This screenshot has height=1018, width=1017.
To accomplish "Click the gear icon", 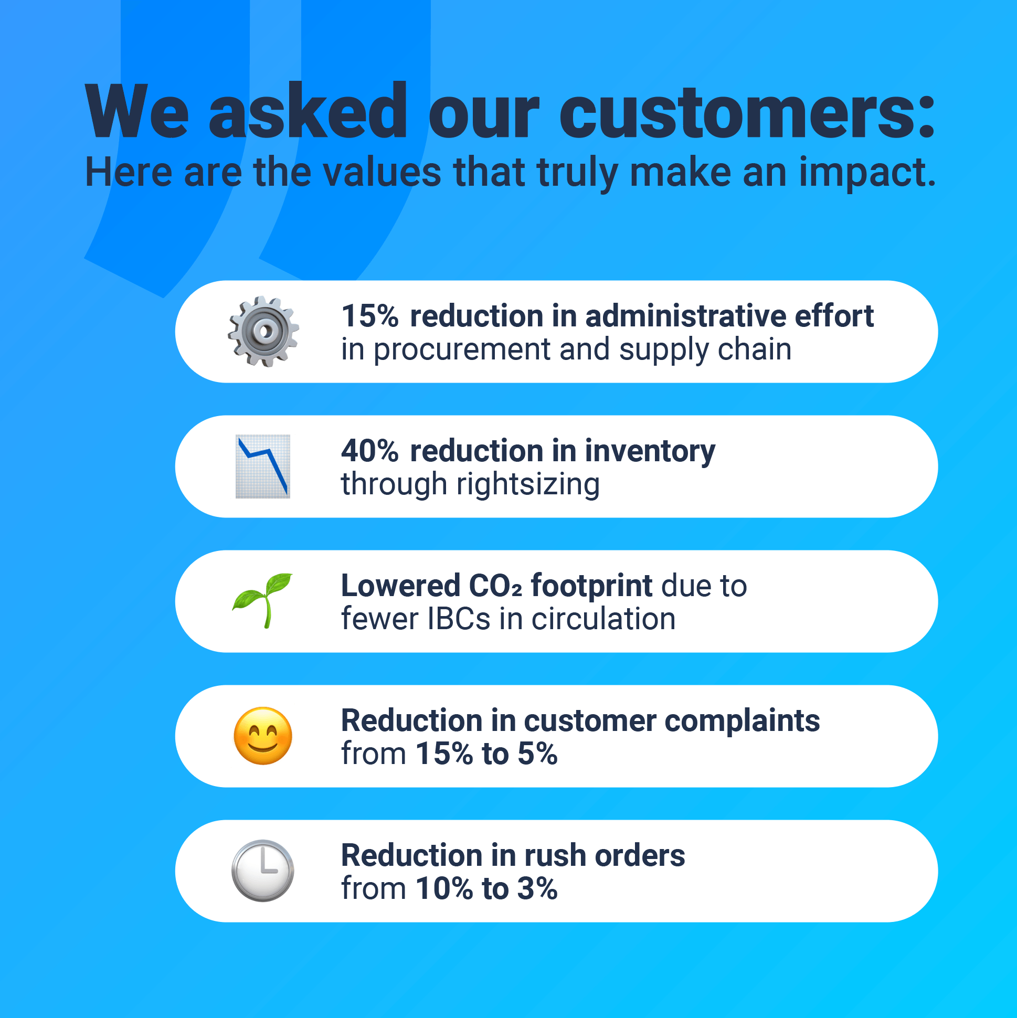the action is (x=263, y=332).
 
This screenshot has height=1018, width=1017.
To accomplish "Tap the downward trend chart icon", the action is (x=262, y=466).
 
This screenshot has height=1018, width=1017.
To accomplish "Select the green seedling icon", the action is (x=262, y=600).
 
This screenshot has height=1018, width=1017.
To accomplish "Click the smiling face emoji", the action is (x=263, y=736).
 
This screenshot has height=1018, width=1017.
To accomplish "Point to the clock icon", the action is (x=262, y=871).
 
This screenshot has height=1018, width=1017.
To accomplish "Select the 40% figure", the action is (x=370, y=451).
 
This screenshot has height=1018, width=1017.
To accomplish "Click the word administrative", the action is (x=685, y=316).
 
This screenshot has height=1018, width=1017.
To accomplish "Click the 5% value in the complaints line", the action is (x=537, y=754).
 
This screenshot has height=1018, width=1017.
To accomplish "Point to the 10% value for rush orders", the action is (x=444, y=888).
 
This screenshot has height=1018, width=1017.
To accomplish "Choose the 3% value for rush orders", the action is (x=537, y=888).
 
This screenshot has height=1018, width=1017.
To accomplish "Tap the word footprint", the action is (x=591, y=586).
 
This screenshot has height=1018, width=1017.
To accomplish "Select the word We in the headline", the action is (x=137, y=112).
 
